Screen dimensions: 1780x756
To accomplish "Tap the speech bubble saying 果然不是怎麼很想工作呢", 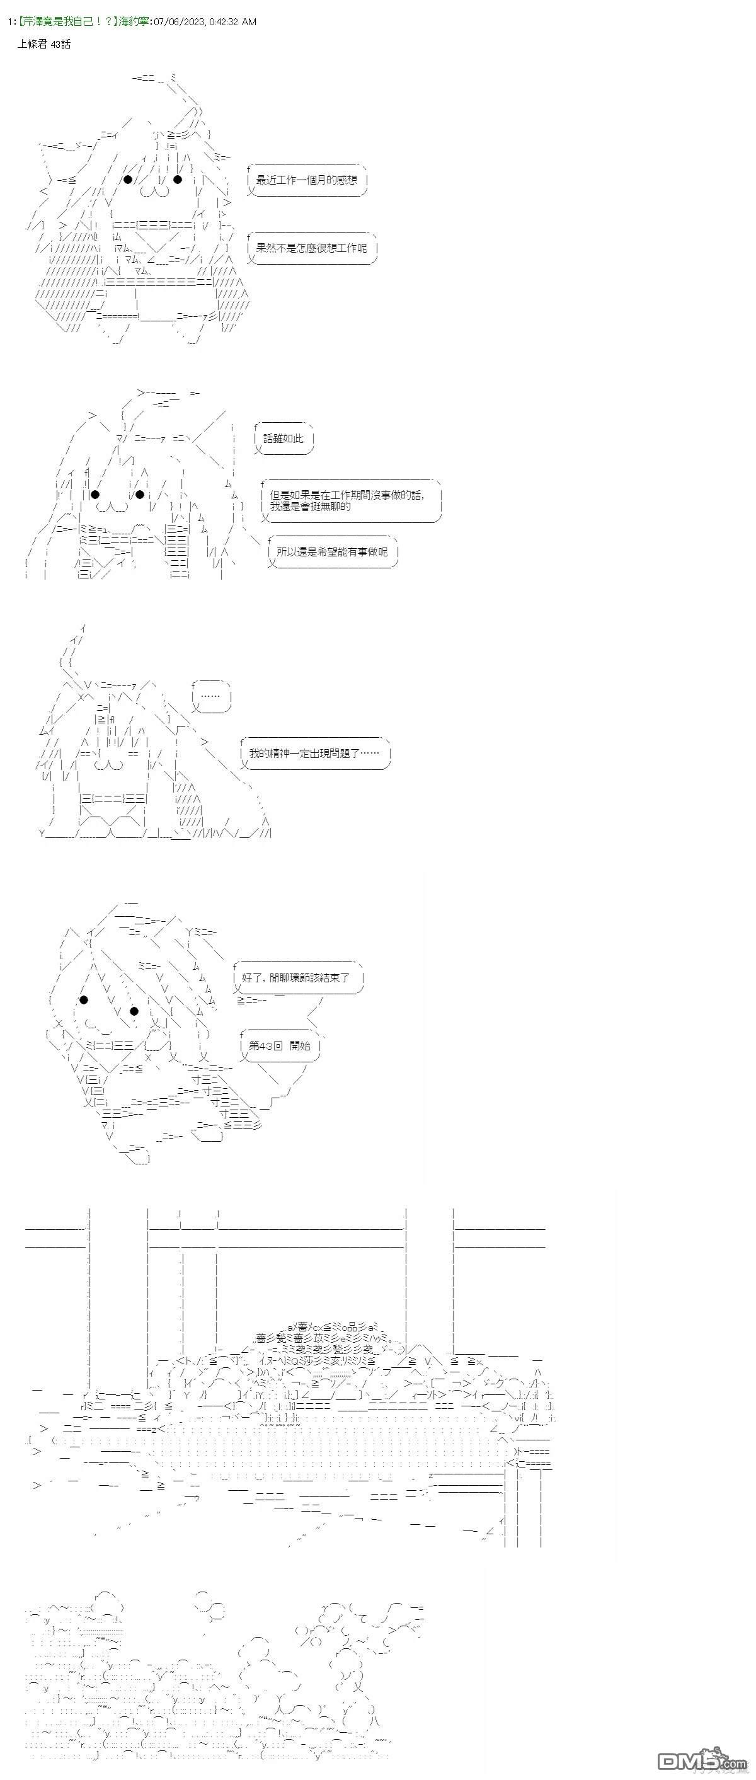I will coord(311,248).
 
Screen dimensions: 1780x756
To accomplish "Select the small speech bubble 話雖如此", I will coord(283,438).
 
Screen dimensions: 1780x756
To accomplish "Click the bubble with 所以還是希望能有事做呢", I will coord(332,551).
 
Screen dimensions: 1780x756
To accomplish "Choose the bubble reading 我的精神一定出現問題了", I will coord(314,753).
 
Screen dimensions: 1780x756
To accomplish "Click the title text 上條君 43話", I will coord(44,44).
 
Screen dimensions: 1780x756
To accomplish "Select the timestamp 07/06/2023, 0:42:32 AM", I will coord(205,22).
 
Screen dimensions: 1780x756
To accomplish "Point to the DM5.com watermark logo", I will coord(701,1759).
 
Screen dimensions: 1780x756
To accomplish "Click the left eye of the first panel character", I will coord(128,180).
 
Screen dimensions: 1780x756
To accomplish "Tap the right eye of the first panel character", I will coord(178,180).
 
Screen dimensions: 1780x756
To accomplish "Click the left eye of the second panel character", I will coord(95,494).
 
